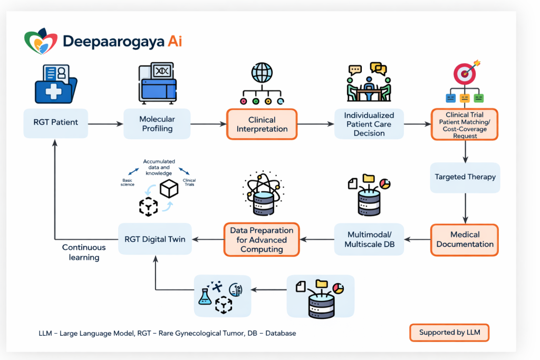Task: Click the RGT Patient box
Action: point(56,123)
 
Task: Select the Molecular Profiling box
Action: point(157,124)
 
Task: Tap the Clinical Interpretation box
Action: point(262,124)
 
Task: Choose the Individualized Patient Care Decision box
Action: point(369,124)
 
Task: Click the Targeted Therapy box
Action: point(465,177)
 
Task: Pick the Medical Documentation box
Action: point(465,240)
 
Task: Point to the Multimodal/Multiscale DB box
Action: point(369,239)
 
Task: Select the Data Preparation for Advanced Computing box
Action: point(262,240)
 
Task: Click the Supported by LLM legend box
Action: point(449,333)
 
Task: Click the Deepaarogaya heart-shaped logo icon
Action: point(41,42)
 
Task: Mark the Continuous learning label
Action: point(84,252)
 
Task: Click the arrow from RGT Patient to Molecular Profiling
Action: point(105,124)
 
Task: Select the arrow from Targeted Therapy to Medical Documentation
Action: point(465,208)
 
